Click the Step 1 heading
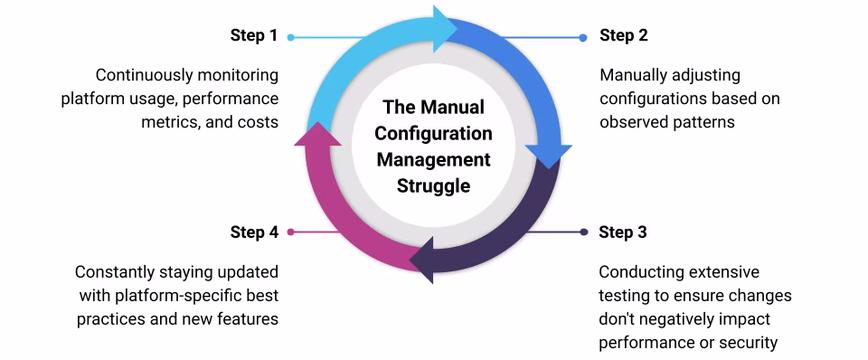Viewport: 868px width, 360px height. click(253, 36)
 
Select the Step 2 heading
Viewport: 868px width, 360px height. click(623, 36)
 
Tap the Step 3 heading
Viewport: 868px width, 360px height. click(623, 232)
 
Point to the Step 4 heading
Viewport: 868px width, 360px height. click(254, 232)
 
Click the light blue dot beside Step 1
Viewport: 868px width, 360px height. click(290, 38)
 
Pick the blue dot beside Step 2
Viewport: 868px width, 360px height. click(583, 38)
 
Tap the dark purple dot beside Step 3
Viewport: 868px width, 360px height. click(584, 232)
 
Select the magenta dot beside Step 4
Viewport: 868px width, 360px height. click(290, 232)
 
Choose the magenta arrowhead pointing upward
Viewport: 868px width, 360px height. click(317, 134)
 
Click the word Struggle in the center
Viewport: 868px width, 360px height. click(433, 185)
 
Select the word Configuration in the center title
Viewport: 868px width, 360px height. click(433, 133)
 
